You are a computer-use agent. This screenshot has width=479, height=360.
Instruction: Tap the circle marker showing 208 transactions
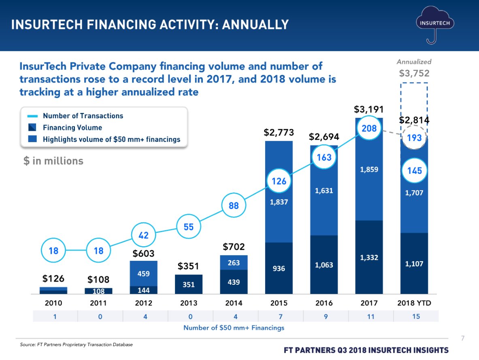coord(369,129)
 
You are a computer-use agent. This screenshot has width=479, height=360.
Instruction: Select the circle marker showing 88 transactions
coord(234,206)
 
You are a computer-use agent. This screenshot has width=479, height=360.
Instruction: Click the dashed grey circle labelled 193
coord(414,138)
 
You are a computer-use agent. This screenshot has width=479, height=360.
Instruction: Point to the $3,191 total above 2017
coord(369,109)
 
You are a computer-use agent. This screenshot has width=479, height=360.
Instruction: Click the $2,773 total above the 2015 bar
coord(279,132)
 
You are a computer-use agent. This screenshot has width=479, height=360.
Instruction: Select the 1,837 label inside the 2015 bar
coord(279,202)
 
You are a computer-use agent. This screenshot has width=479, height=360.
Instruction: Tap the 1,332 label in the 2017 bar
coord(369,257)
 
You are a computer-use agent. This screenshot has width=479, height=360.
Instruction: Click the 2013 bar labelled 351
coord(188,284)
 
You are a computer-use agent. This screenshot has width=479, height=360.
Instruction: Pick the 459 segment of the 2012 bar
coord(143,273)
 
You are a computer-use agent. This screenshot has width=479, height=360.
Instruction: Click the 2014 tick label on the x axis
coord(234,303)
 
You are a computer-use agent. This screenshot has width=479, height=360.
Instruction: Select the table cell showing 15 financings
coord(416,317)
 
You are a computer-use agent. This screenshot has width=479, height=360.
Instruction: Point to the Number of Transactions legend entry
coord(83,116)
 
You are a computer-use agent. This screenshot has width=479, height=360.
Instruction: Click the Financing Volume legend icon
coord(33,128)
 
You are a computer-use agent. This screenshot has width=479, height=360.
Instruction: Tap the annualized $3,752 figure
coord(414,73)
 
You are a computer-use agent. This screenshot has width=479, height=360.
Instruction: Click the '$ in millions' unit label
coord(53,161)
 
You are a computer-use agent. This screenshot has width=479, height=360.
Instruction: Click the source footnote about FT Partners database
coord(76,345)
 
